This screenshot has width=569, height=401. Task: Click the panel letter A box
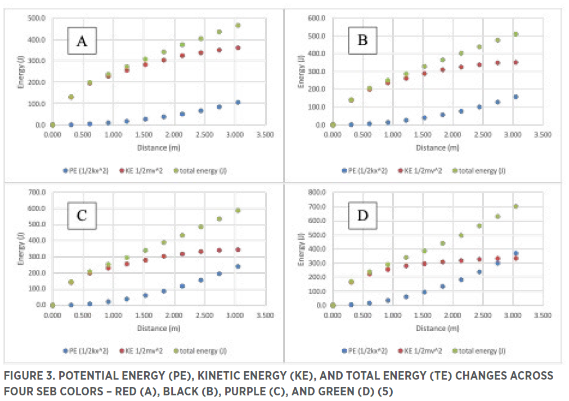(82, 41)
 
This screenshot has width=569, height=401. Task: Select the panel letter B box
(364, 41)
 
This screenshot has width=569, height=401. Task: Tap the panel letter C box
(82, 216)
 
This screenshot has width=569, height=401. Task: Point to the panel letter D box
(364, 216)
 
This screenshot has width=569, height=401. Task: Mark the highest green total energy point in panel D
(516, 206)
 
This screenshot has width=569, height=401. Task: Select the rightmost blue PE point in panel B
(516, 97)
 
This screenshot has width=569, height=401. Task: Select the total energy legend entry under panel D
(480, 350)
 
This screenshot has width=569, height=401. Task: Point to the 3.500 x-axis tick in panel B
(541, 135)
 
